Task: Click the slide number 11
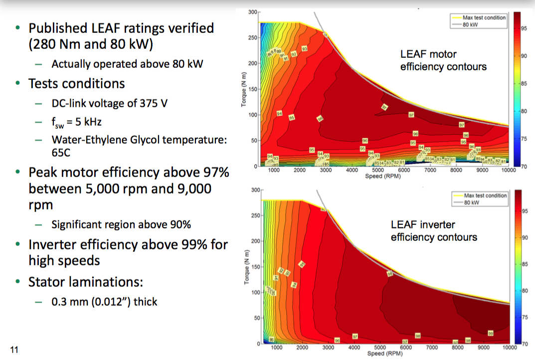tap(14, 350)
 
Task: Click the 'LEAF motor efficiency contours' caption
tap(443, 60)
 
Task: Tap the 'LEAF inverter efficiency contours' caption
tap(433, 231)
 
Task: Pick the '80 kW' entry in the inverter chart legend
tap(472, 202)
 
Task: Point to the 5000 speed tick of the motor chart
tap(377, 170)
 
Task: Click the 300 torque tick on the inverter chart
tap(255, 190)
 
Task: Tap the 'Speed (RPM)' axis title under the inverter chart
tap(382, 354)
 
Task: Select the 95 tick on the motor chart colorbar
tap(524, 28)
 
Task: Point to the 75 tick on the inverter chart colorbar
tap(524, 317)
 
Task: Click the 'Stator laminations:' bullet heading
tap(86, 282)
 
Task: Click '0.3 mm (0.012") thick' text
tap(104, 301)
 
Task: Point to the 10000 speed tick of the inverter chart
tap(508, 347)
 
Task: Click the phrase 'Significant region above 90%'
tap(121, 224)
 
